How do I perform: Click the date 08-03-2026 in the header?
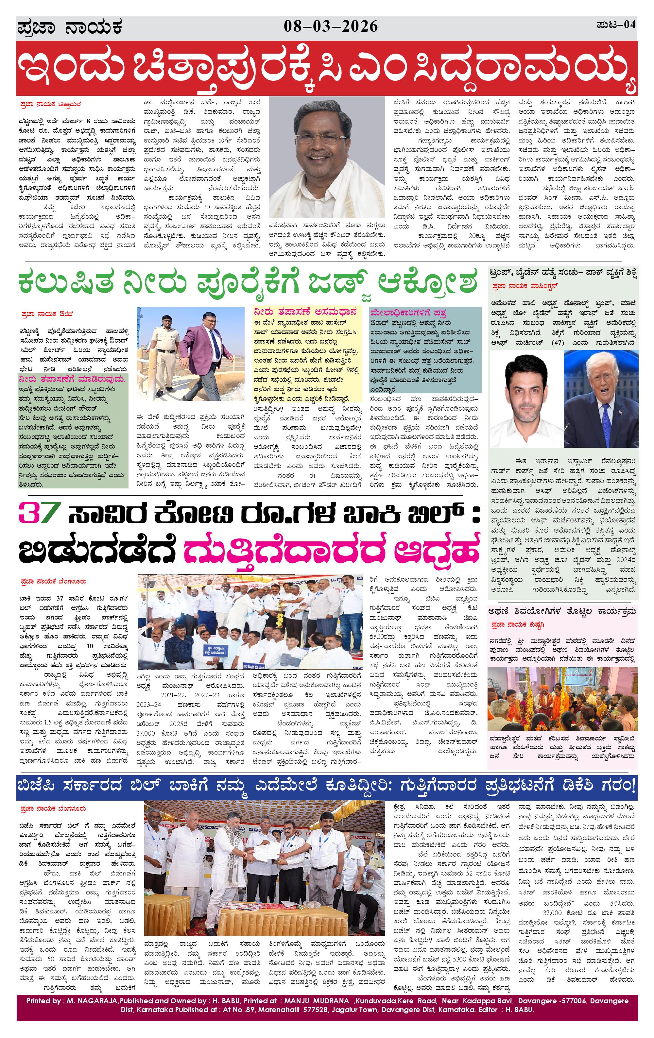point(331,27)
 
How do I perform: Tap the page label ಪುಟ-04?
point(616,25)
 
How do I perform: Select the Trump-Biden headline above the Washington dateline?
point(563,273)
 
